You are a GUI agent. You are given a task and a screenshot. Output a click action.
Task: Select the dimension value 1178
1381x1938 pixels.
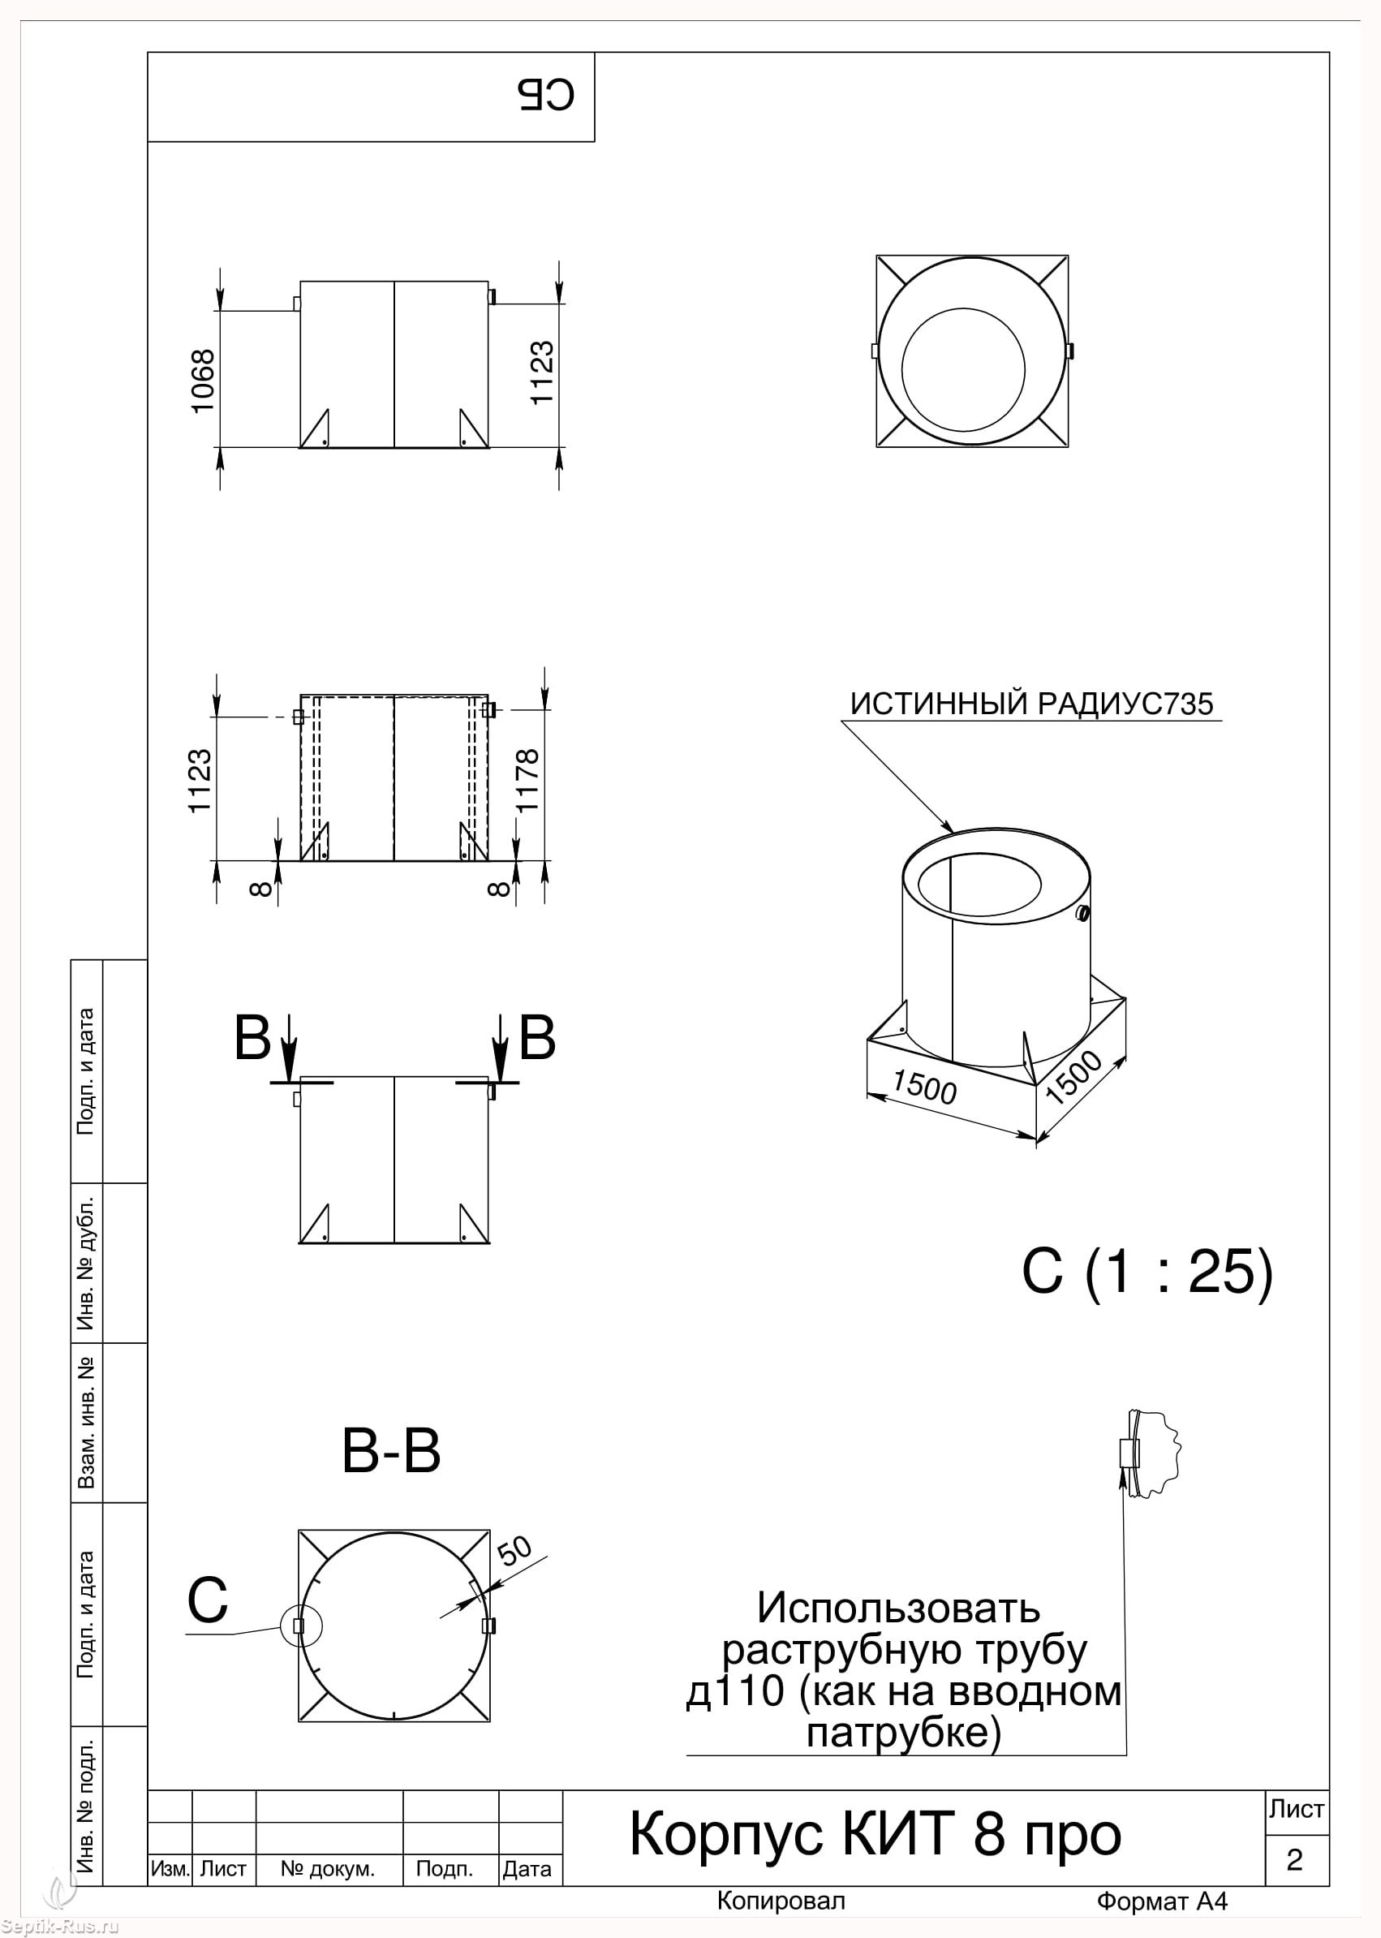coord(527,780)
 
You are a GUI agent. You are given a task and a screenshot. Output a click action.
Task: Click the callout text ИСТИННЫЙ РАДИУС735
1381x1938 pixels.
coord(1031,704)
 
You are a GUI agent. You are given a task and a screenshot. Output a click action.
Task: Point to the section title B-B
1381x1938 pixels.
coord(391,1451)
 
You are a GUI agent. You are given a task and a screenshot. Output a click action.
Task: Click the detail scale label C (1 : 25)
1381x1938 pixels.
coord(1147,1273)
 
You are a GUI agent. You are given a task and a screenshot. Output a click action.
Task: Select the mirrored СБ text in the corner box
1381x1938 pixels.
coord(546,96)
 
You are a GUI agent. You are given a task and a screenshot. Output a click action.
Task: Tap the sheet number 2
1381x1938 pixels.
coord(1294,1860)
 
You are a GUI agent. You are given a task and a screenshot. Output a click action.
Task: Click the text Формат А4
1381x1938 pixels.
coord(1162,1901)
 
